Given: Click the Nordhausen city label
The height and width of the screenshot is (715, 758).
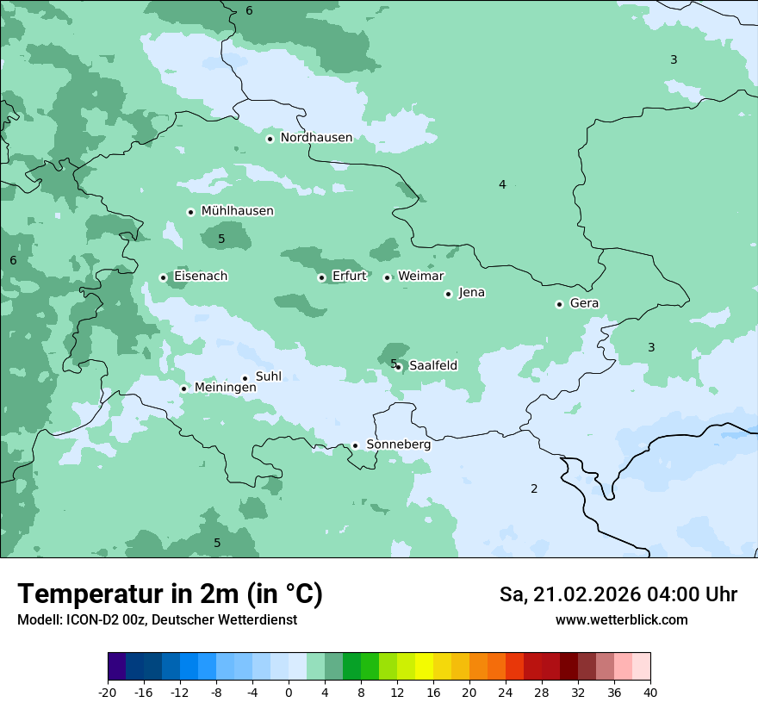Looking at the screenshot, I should click(316, 138).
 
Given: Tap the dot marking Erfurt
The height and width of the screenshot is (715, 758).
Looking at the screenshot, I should click(321, 277).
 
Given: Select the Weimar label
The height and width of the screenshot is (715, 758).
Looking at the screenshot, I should click(420, 277).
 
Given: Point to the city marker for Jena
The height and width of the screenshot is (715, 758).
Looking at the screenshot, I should click(448, 294).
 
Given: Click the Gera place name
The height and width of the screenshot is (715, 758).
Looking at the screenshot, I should click(584, 303).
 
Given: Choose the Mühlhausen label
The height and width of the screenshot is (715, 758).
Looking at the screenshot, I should click(237, 211).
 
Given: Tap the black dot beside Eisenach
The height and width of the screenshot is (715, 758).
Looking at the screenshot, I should click(163, 277).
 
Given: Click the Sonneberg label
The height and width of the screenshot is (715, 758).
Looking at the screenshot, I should click(398, 445).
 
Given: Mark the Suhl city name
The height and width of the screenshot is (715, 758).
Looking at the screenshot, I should click(269, 376).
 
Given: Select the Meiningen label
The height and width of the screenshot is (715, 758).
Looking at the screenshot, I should click(225, 389).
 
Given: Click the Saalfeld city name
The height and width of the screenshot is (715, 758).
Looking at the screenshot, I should click(433, 366).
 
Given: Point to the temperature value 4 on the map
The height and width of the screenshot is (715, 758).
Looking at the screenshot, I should click(502, 184).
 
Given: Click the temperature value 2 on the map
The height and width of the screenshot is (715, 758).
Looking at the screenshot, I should click(534, 489).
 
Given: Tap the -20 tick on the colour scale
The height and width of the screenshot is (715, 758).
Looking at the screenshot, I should click(108, 693).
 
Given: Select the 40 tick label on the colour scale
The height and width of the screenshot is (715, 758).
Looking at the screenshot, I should click(650, 693).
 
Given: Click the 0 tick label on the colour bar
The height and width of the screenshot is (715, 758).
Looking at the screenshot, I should click(289, 693).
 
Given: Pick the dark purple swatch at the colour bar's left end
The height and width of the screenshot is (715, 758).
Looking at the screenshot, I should click(116, 667).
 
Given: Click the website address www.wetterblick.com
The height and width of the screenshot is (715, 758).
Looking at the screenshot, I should click(621, 620).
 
